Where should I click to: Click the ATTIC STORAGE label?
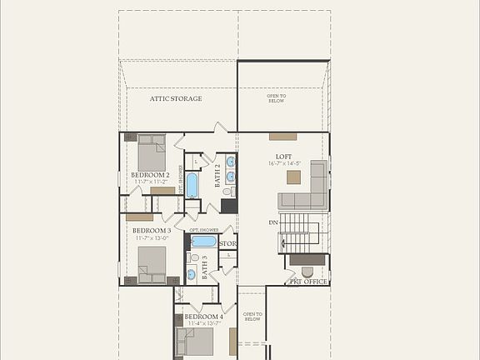176,98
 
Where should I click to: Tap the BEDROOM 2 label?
150,175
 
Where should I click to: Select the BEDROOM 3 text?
151,230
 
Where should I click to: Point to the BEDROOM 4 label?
203,317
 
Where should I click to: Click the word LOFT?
284,156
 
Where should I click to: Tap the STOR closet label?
227,244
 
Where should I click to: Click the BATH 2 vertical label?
217,176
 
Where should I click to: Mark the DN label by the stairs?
273,222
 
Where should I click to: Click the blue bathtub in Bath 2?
192,185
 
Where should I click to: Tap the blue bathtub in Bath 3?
203,241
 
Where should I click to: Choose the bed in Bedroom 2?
152,152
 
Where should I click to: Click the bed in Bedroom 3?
152,262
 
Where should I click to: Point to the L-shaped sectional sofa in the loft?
308,190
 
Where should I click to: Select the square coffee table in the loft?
293,177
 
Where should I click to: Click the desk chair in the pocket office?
307,272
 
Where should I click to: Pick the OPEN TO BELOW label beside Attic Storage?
277,98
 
